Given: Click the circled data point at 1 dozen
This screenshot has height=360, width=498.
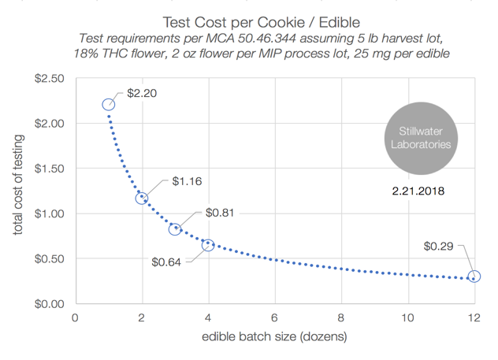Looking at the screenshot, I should (109, 105).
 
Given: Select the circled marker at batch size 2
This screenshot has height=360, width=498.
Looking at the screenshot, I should (142, 199).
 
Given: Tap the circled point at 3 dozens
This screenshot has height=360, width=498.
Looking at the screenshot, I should (175, 229).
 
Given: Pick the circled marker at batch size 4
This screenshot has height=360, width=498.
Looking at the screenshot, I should (208, 245).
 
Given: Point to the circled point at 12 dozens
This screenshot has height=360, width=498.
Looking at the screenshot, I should (474, 276).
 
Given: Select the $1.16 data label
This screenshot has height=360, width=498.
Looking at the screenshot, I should (187, 181).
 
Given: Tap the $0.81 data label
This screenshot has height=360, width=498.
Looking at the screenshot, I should (221, 213).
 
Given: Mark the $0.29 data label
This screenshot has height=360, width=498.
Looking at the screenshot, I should (439, 247).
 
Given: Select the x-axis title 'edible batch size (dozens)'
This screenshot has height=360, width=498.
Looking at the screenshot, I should (274, 336).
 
